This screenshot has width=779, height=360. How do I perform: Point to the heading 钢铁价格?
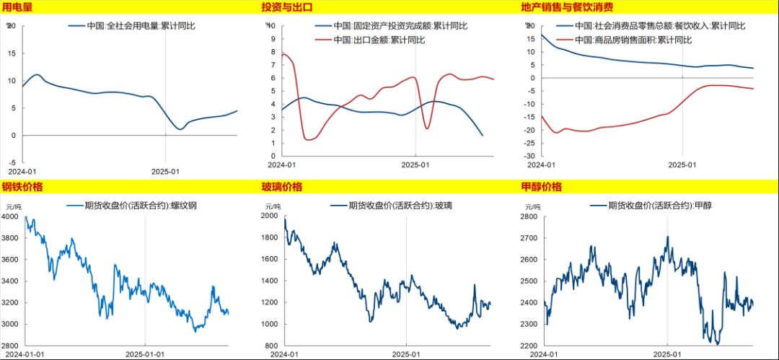click(x=22, y=188)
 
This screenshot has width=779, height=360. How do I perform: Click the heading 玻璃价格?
click(x=282, y=188)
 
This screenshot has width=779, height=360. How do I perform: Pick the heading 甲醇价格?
click(x=541, y=188)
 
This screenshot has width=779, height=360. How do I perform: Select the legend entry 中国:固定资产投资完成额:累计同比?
click(x=400, y=27)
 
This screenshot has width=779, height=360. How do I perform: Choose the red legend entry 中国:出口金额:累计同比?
click(x=379, y=40)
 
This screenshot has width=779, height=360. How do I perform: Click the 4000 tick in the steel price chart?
click(x=12, y=216)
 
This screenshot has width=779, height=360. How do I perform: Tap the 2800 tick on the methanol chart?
click(x=529, y=216)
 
